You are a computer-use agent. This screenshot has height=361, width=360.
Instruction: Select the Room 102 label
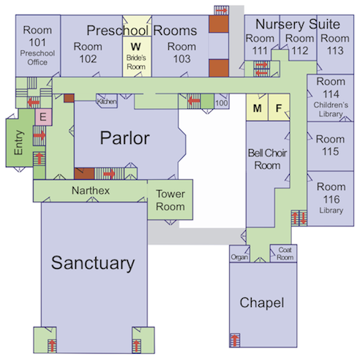click(86, 53)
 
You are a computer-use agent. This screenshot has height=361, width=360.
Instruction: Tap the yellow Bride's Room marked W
click(135, 50)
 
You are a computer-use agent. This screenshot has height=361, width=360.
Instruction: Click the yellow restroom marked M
click(257, 109)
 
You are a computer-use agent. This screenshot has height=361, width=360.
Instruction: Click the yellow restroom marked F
click(278, 109)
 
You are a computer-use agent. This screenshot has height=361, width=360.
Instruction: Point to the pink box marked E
click(42, 115)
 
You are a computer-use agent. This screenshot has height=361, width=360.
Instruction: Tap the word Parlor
click(125, 138)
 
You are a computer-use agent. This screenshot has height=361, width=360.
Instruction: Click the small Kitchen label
click(107, 102)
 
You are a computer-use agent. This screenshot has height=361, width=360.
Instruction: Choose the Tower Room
click(170, 199)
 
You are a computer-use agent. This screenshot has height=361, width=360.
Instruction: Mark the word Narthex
click(91, 191)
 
